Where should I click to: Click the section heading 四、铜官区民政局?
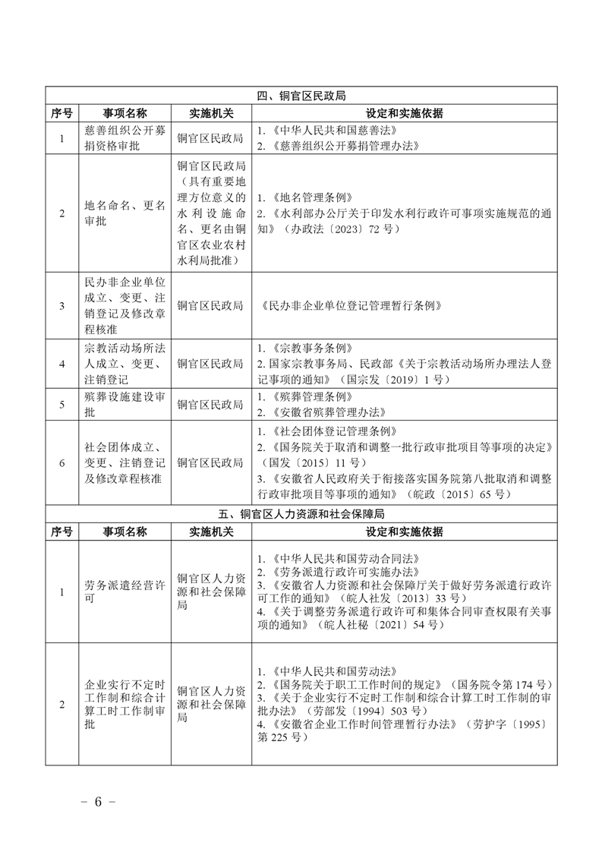[301, 96]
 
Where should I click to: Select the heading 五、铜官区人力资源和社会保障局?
[301, 514]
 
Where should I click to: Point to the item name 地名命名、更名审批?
[124, 213]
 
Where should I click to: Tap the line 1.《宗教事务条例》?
[304, 348]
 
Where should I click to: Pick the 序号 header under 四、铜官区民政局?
[61, 113]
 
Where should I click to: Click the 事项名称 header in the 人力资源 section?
[124, 532]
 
